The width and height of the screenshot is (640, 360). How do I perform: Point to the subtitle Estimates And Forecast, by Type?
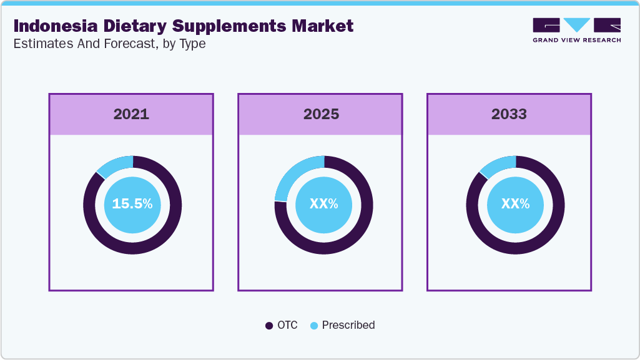109,44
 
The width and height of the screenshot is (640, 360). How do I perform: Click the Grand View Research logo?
576,30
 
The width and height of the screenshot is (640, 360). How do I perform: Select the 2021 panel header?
131,114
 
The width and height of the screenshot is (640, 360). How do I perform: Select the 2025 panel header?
321,114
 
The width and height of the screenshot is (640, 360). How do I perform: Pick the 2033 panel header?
509,114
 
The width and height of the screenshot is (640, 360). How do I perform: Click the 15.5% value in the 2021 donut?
132,204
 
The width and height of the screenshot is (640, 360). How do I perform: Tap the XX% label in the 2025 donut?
323,204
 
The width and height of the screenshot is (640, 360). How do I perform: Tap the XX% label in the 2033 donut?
515,204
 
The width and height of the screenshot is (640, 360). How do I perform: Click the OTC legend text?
288,325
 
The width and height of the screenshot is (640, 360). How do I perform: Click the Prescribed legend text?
348,325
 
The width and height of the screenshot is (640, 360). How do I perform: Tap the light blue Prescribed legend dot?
313,326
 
